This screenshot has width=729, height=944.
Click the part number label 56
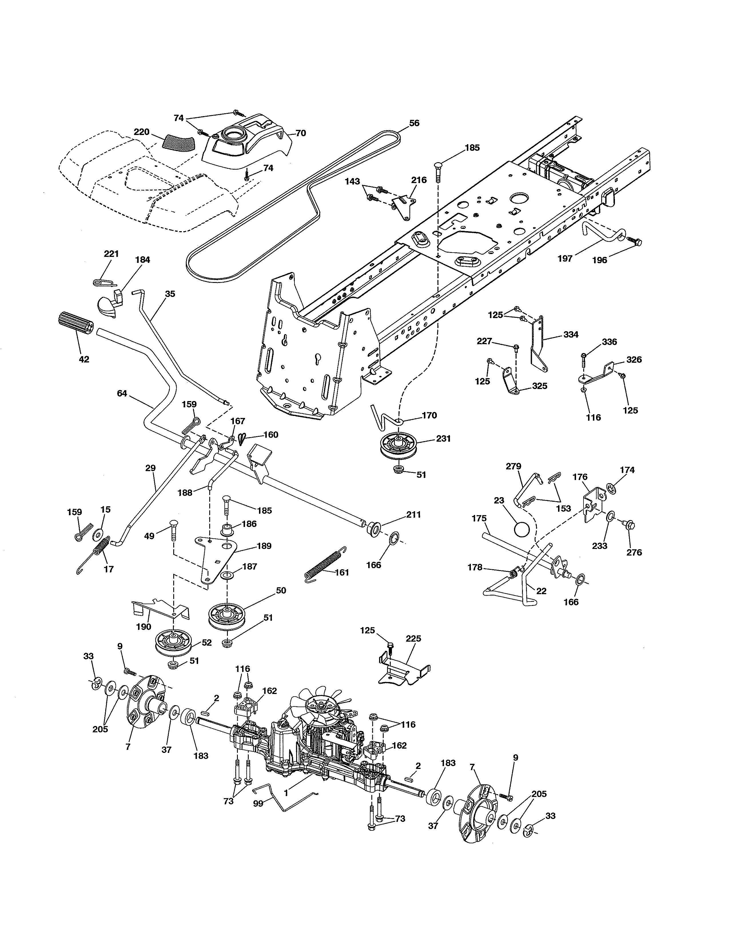click(x=414, y=123)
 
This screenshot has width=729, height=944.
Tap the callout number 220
click(x=141, y=132)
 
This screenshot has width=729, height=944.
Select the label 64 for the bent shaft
click(x=122, y=393)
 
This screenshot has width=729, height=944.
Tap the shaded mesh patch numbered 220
click(x=178, y=142)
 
